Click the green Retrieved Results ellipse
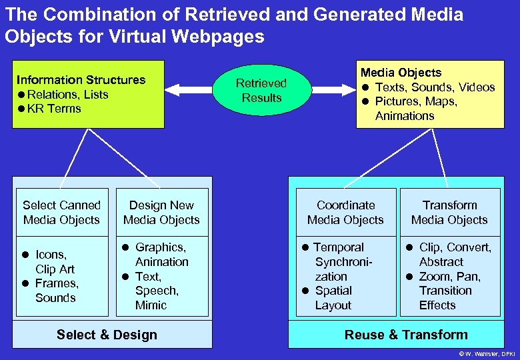pyautogui.click(x=261, y=91)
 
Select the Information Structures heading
pyautogui.click(x=81, y=80)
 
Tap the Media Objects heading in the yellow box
pyautogui.click(x=401, y=73)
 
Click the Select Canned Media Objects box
pyautogui.click(x=61, y=213)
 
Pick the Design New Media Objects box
pyautogui.click(x=161, y=213)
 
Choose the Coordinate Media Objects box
pyautogui.click(x=345, y=213)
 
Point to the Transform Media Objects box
pyautogui.click(x=449, y=213)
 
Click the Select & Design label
pyautogui.click(x=107, y=335)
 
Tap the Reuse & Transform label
pyautogui.click(x=406, y=335)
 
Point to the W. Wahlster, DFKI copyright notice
pyautogui.click(x=486, y=353)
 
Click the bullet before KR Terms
pyautogui.click(x=21, y=109)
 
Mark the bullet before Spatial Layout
pyautogui.click(x=304, y=291)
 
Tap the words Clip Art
pyautogui.click(x=55, y=269)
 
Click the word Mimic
pyautogui.click(x=151, y=305)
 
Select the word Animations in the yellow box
pyautogui.click(x=404, y=116)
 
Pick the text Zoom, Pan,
pyautogui.click(x=449, y=277)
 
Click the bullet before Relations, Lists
pyautogui.click(x=21, y=95)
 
